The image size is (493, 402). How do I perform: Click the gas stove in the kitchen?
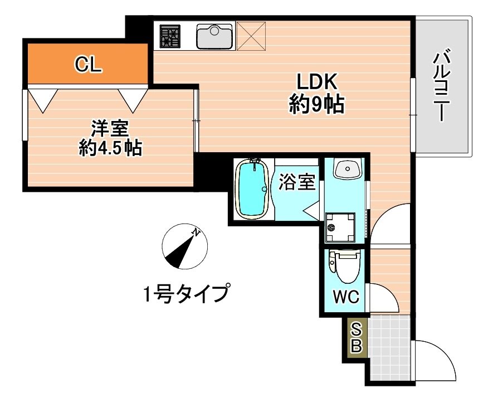click(x=171, y=37)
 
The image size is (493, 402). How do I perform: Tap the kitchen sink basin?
click(x=214, y=36)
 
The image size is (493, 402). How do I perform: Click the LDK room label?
click(x=316, y=83)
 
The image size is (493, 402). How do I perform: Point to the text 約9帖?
click(x=316, y=104)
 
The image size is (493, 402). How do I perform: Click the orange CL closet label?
click(x=89, y=65)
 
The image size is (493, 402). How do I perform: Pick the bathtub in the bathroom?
click(x=253, y=189)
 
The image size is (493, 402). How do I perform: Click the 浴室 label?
click(x=297, y=182)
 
